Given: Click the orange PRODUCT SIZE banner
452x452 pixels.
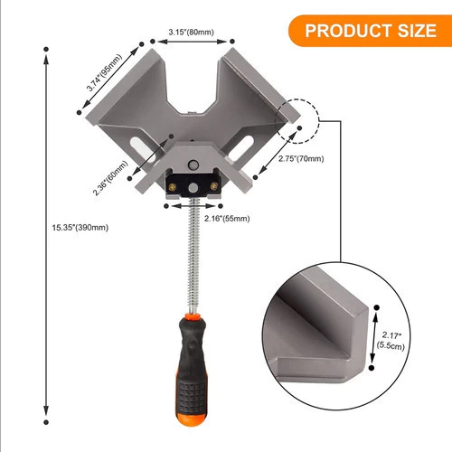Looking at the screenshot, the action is tap(370, 31).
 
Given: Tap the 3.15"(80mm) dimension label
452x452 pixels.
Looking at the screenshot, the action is tap(192, 32).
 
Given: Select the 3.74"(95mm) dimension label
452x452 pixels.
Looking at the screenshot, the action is tap(104, 72).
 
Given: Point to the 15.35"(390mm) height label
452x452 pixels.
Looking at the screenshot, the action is tap(80, 228).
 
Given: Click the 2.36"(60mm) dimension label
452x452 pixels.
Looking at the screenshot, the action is tap(110, 178).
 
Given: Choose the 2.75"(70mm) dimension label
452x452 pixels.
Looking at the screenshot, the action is tap(301, 159).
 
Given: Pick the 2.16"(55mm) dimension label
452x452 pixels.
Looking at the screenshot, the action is tap(227, 219).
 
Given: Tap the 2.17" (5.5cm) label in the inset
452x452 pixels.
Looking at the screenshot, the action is tap(391, 341).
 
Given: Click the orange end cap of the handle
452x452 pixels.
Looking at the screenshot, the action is tap(192, 419).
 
